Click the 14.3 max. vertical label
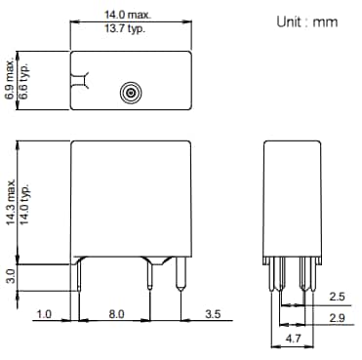pos(11,200)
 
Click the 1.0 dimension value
pos(44,315)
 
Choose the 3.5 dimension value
pos(212,315)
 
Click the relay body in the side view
pos(294,200)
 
